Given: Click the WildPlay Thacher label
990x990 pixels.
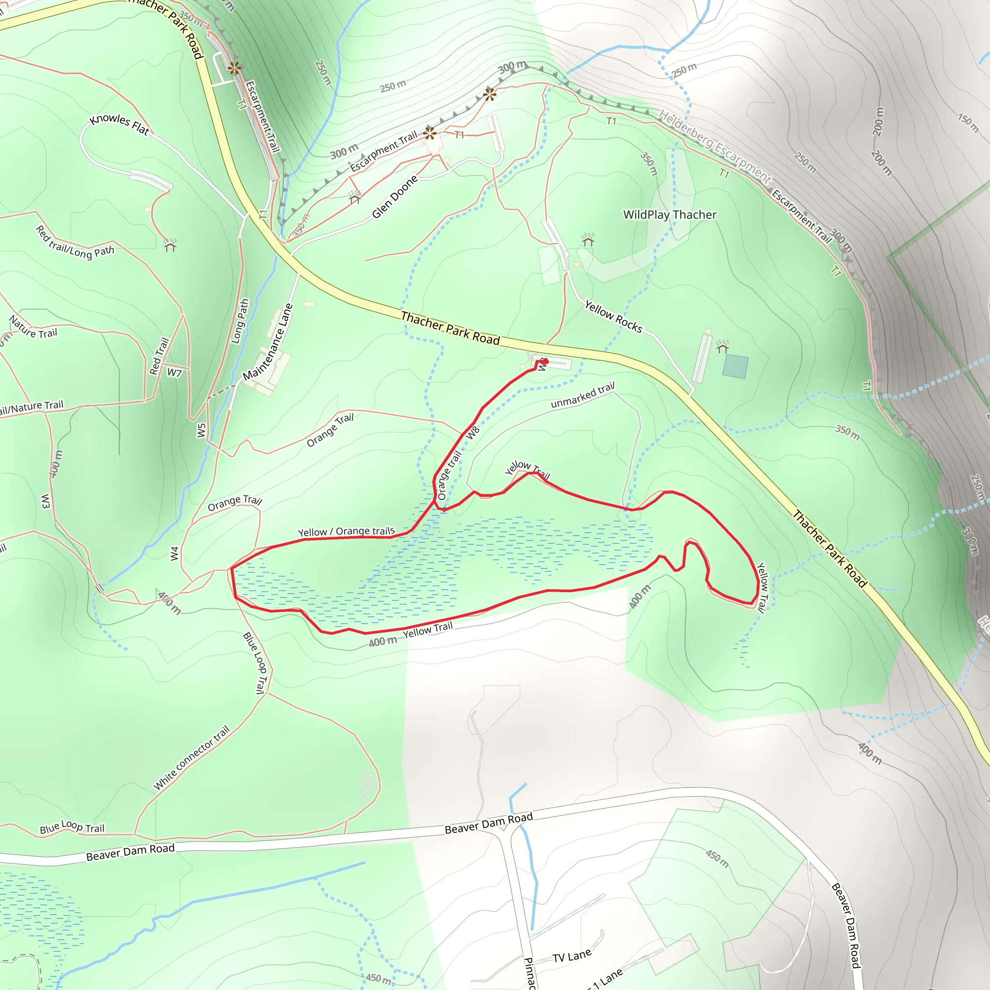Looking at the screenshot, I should click(669, 215).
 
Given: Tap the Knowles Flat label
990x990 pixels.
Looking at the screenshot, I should click(119, 125).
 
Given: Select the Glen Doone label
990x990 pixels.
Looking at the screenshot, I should click(394, 197).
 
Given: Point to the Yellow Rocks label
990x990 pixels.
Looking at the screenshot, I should click(613, 317).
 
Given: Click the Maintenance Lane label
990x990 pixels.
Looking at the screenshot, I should click(267, 342).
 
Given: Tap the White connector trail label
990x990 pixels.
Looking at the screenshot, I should click(191, 758).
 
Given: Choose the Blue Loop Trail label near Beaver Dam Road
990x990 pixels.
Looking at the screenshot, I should click(72, 828).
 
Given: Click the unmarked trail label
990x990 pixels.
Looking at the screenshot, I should click(582, 396).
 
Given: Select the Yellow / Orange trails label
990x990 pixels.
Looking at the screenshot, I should click(347, 532).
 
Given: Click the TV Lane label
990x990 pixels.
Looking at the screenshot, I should click(572, 956).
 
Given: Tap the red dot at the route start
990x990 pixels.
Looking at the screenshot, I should click(546, 361).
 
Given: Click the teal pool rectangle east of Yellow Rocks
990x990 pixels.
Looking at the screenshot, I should click(735, 367).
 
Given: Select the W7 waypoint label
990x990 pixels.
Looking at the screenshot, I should click(174, 373).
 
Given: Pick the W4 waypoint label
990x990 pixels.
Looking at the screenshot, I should click(175, 553).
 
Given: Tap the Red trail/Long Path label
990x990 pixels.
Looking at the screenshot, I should click(75, 242).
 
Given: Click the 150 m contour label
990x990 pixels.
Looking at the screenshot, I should click(967, 122).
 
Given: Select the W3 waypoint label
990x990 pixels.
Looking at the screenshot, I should click(45, 501).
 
